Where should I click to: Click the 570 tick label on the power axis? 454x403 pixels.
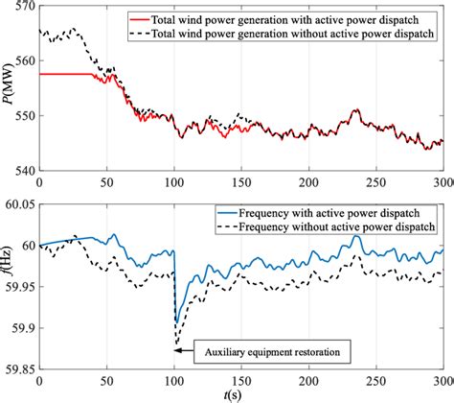click(21, 8)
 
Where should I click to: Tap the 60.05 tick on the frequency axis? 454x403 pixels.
click(18, 202)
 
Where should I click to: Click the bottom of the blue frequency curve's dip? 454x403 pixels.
click(176, 299)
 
